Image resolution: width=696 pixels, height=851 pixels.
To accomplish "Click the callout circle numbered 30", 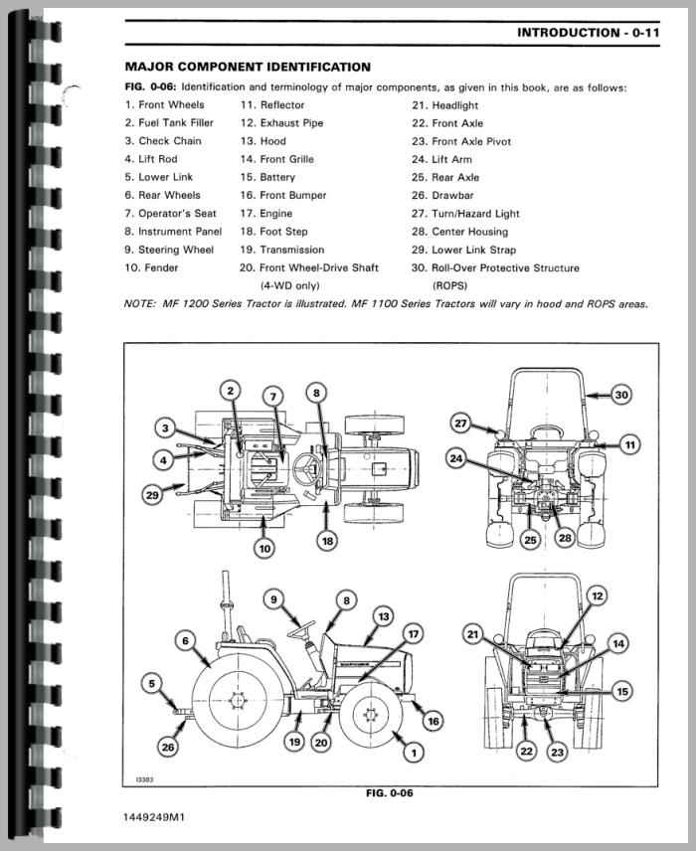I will click(620, 396).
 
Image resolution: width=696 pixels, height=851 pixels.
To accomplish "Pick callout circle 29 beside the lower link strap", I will click(151, 493).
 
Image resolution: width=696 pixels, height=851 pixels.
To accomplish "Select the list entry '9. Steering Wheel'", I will click(169, 250).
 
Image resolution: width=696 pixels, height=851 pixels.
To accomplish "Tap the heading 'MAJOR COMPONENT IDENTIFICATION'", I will click(248, 67).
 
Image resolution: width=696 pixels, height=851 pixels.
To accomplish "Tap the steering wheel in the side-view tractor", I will click(301, 628).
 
